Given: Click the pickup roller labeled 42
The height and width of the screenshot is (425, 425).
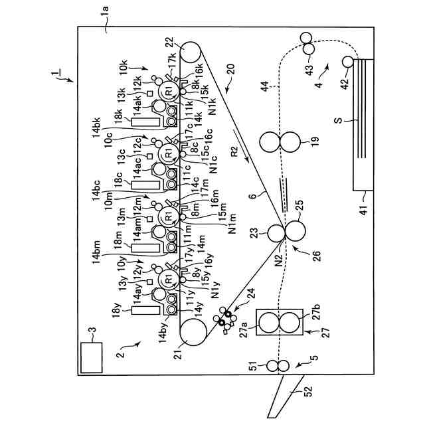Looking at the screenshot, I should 347,62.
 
